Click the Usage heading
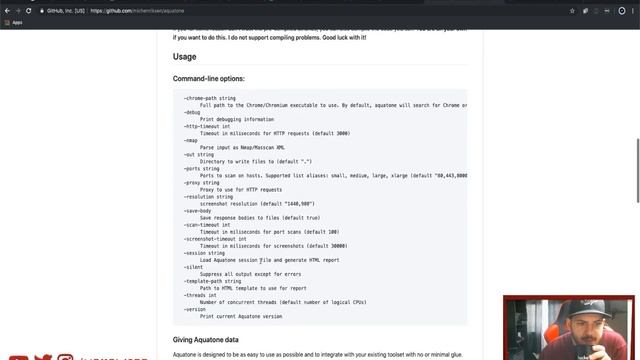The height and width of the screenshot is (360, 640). tap(185, 57)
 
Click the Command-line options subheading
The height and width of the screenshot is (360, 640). tap(208, 78)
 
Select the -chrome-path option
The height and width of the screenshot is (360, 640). tap(209, 98)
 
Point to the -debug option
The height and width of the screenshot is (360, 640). tap(192, 112)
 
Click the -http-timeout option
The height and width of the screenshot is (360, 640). tap(207, 126)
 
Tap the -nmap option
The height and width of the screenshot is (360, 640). tap(191, 140)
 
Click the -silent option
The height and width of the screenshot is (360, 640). tap(193, 267)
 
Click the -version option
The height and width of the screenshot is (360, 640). tap(194, 309)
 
